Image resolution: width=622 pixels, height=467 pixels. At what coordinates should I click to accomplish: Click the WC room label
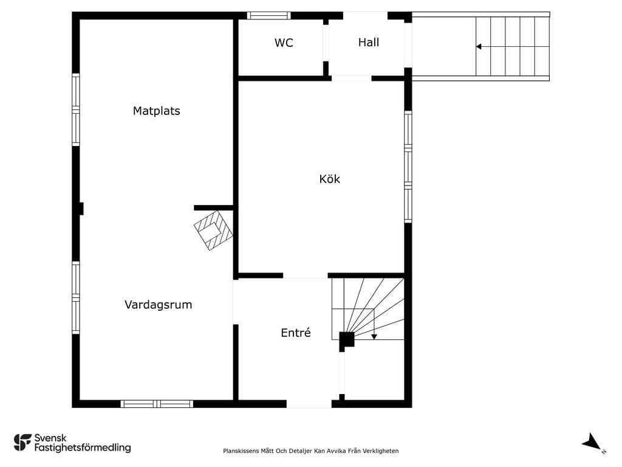coord(284,43)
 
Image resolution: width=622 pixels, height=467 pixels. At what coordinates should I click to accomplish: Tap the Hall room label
coord(369,43)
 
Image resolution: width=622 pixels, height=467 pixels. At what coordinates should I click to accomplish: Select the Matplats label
coord(156,111)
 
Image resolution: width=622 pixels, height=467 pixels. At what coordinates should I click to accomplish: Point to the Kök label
coord(329,179)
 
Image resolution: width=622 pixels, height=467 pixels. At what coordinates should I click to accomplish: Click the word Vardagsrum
coord(159,305)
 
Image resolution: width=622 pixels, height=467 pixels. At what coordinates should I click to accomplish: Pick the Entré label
coord(296,333)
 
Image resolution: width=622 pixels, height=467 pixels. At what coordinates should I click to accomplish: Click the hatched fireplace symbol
coord(213,230)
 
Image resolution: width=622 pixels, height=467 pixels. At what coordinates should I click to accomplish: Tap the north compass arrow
coord(592,441)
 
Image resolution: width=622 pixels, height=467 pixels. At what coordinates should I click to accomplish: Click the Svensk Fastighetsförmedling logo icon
coord(22,443)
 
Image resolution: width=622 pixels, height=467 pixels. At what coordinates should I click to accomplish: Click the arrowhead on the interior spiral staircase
coord(374,337)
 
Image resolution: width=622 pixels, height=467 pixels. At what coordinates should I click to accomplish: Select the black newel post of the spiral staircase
coord(346,341)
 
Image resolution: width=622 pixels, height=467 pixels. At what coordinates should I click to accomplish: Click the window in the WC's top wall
coord(269,15)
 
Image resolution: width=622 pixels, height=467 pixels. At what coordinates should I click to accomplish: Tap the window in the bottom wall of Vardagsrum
coord(157,404)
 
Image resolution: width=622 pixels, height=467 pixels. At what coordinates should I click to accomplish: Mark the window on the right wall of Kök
coord(408,167)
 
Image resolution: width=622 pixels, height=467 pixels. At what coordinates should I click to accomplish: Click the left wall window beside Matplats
coord(76,109)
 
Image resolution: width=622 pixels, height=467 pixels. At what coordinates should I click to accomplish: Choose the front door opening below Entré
coord(309,404)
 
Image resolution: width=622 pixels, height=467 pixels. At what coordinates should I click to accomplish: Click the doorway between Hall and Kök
coord(352,78)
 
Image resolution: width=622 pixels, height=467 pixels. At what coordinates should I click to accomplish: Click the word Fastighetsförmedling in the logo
coord(83,448)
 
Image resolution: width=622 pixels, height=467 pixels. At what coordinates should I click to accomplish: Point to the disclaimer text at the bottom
coord(310,451)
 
